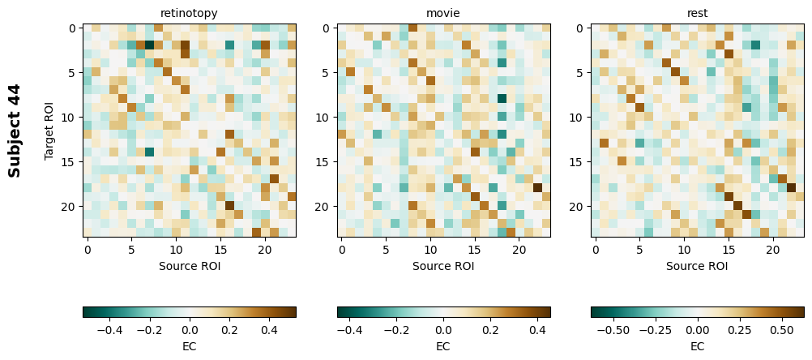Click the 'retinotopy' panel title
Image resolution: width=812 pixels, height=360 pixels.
189,13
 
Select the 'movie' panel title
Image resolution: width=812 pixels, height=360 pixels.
443,13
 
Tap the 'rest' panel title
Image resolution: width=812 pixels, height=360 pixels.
697,13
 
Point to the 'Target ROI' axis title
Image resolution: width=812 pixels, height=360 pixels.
49,131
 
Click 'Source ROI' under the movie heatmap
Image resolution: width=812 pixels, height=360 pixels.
443,265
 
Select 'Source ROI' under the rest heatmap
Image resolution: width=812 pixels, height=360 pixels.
697,265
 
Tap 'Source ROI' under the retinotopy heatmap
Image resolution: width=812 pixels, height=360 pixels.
189,265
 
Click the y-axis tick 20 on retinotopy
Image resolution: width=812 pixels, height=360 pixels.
71,207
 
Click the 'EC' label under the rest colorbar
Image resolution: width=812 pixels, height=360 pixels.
697,346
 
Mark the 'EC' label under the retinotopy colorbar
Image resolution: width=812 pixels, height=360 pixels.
189,346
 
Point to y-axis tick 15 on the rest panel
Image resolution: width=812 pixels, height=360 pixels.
579,162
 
